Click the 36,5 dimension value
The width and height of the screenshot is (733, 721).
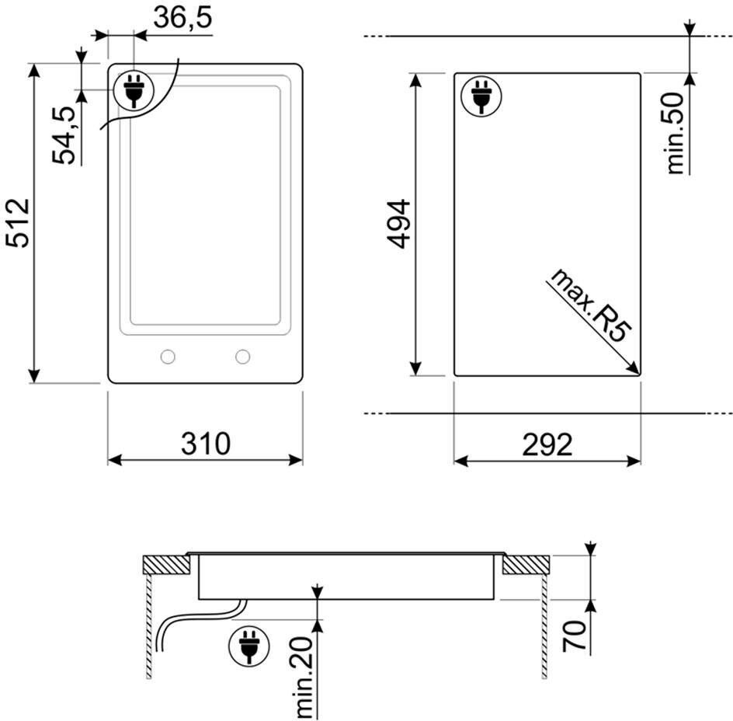click(x=182, y=18)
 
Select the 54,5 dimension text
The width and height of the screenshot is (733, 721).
click(x=64, y=135)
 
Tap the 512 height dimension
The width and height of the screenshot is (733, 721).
click(x=18, y=223)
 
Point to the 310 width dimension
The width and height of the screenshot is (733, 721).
click(x=206, y=444)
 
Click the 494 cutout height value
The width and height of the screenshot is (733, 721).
click(x=399, y=224)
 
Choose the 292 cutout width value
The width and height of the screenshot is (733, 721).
click(x=547, y=444)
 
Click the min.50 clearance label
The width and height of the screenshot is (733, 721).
click(x=675, y=133)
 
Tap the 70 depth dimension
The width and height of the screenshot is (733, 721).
click(x=575, y=636)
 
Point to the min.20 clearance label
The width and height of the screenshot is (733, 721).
click(x=304, y=677)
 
